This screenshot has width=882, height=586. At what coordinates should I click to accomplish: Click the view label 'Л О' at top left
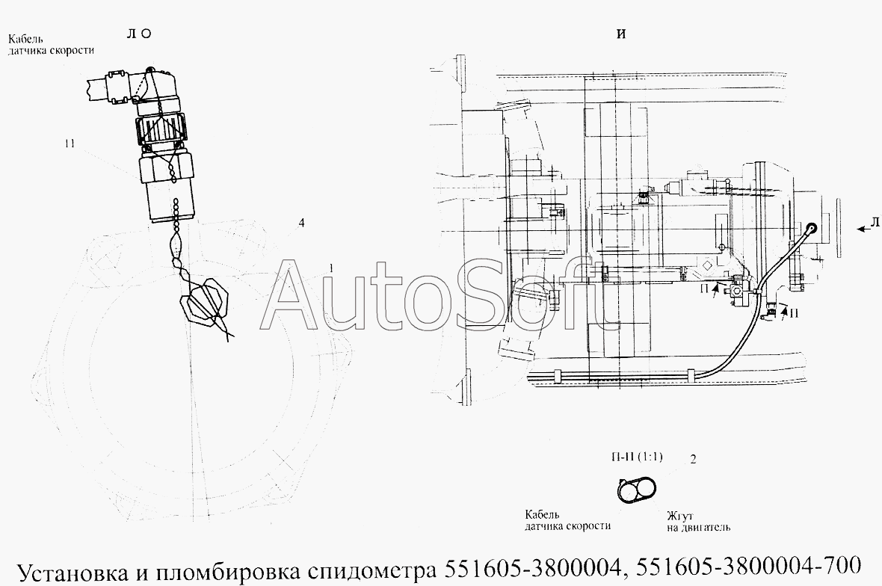(x=139, y=34)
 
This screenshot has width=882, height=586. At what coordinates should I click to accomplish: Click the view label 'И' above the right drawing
(x=621, y=34)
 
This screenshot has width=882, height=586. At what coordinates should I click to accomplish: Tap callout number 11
(x=70, y=144)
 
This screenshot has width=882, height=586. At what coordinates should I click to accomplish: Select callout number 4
(x=301, y=223)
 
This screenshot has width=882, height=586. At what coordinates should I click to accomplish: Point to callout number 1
(x=331, y=269)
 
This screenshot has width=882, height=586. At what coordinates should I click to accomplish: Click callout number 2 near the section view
(x=693, y=460)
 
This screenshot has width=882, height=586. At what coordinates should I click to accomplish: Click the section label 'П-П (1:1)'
(x=637, y=456)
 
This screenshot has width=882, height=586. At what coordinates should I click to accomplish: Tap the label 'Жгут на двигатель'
(x=698, y=521)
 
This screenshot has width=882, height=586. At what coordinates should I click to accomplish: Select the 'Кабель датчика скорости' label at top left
(x=51, y=45)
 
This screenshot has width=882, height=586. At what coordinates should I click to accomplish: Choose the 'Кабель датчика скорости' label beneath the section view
(x=567, y=520)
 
